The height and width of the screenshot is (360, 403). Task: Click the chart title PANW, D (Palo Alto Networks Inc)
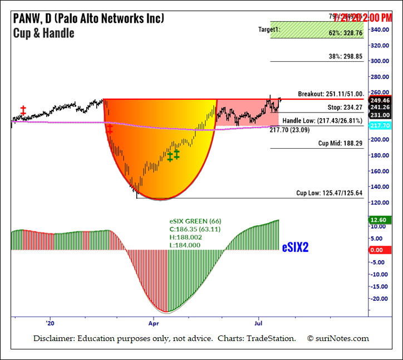coord(89,18)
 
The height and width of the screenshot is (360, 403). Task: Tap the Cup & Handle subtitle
coord(43,33)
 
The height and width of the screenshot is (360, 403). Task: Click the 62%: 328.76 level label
coord(345,33)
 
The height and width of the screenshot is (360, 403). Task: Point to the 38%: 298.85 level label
coord(345,56)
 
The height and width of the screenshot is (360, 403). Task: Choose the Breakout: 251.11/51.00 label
coord(330,94)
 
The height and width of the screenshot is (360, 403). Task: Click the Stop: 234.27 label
coord(345,108)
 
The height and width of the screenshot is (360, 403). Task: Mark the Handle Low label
coord(322,120)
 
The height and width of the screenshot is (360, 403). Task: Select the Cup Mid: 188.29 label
coord(341,143)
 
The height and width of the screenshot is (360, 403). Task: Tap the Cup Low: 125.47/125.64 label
coord(330,193)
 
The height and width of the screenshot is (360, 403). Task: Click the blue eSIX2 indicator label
coord(295,247)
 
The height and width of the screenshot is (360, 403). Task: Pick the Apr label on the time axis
coord(154,323)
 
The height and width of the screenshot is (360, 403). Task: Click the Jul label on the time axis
coord(258,323)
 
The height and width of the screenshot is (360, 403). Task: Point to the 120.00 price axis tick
coord(380,202)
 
